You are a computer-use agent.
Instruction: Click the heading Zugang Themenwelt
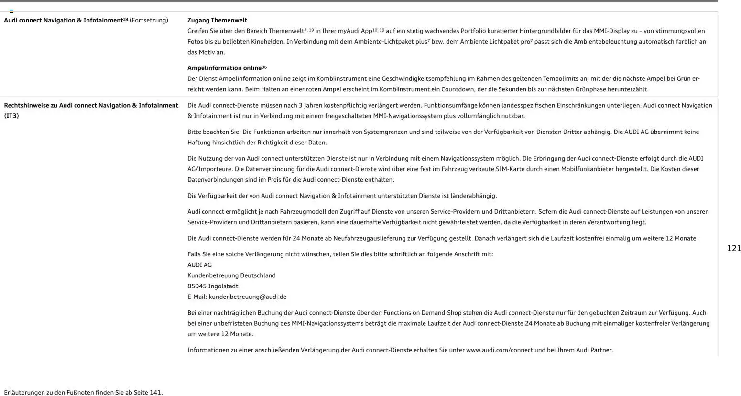pyautogui.click(x=217, y=20)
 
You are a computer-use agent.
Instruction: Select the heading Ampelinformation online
pyautogui.click(x=224, y=68)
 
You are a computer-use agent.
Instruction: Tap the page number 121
pyautogui.click(x=733, y=248)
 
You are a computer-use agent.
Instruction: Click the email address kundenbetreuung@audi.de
pyautogui.click(x=247, y=297)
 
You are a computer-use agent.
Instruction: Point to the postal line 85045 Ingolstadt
pyautogui.click(x=213, y=286)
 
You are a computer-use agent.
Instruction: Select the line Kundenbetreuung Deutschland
pyautogui.click(x=231, y=275)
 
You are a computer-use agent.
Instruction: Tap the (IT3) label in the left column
pyautogui.click(x=11, y=116)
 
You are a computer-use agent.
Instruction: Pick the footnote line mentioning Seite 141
pyautogui.click(x=83, y=392)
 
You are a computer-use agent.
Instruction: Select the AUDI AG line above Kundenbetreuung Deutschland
pyautogui.click(x=199, y=265)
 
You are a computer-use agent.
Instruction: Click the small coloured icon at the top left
pyautogui.click(x=11, y=11)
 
